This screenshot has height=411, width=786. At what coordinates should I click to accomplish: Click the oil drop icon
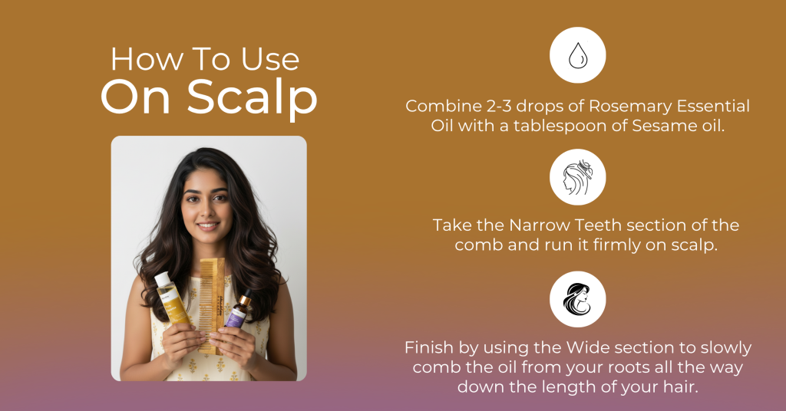tap(577, 55)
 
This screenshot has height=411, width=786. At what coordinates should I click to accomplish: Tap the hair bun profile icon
tap(577, 177)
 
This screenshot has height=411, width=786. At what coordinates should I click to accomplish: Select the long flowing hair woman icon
tap(577, 299)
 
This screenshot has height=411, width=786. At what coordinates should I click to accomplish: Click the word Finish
tap(430, 347)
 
